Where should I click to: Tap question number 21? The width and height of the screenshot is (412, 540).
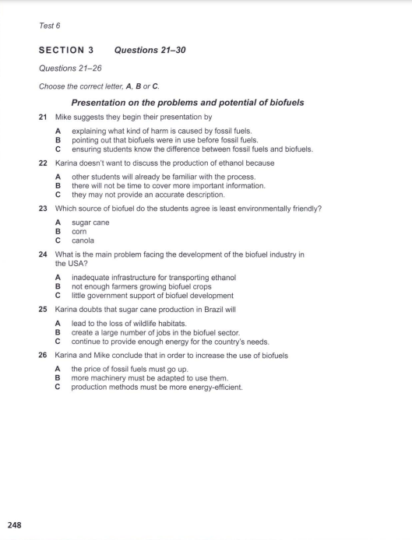click(x=44, y=116)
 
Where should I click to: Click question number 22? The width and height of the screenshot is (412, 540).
click(x=44, y=164)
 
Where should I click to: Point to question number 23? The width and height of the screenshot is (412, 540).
click(x=44, y=209)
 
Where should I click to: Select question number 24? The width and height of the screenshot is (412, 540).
click(x=44, y=254)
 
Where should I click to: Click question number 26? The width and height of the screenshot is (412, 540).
click(x=44, y=355)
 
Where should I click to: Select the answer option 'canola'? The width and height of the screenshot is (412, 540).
click(x=83, y=240)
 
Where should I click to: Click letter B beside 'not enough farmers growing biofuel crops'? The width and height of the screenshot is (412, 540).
click(x=58, y=286)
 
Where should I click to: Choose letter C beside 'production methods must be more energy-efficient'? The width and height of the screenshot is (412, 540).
click(x=58, y=387)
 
